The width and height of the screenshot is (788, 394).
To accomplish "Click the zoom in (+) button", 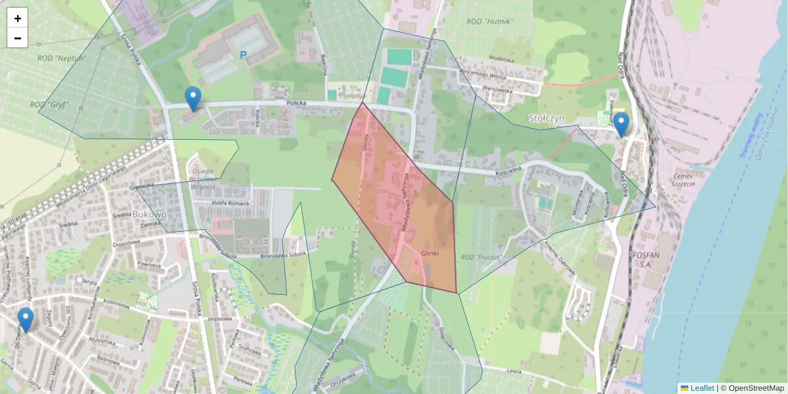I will pyautogui.click(x=18, y=18).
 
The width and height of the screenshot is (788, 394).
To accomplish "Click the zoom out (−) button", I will pyautogui.click(x=18, y=38).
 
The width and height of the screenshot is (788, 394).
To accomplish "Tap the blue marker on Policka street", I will pyautogui.click(x=192, y=98).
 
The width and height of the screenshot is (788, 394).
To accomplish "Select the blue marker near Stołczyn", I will pyautogui.click(x=621, y=124).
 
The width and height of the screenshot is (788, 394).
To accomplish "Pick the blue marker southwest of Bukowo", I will pyautogui.click(x=26, y=320).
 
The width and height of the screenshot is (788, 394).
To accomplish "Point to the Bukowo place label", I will pyautogui.click(x=149, y=214).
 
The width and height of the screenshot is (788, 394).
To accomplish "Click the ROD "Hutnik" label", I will pyautogui.click(x=489, y=22).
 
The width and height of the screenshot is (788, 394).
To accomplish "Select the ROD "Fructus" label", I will pyautogui.click(x=481, y=257).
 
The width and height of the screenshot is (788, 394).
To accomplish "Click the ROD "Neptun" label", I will pyautogui.click(x=62, y=58).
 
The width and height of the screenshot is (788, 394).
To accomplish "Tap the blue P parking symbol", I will pyautogui.click(x=243, y=56).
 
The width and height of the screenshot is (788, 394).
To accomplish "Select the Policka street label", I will pyautogui.click(x=297, y=103).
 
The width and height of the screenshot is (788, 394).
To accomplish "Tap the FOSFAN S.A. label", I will pyautogui.click(x=657, y=259).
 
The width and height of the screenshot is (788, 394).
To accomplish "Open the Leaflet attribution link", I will pyautogui.click(x=701, y=388).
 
